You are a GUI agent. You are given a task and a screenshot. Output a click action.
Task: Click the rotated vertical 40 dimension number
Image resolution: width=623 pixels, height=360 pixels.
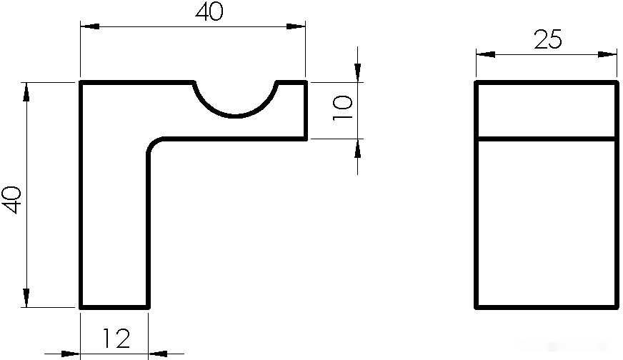(x=11, y=200)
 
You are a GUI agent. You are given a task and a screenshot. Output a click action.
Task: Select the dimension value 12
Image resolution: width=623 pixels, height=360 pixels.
(x=116, y=338)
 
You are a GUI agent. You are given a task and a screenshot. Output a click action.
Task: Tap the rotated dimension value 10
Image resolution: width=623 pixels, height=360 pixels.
(x=342, y=108)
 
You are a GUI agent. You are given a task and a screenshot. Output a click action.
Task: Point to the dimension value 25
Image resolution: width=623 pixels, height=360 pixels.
(x=548, y=39)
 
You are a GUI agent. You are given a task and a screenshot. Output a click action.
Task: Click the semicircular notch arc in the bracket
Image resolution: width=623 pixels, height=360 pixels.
(x=235, y=116)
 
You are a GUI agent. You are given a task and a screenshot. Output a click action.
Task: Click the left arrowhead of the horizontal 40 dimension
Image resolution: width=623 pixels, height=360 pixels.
(x=90, y=26)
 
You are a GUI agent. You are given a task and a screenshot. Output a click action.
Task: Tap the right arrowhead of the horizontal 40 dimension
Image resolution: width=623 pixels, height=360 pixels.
(x=296, y=26)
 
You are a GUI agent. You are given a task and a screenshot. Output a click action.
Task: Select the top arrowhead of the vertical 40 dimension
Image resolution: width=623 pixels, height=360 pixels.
(x=26, y=92)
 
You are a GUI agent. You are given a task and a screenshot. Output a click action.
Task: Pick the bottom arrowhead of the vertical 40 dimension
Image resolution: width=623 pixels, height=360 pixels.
(x=26, y=298)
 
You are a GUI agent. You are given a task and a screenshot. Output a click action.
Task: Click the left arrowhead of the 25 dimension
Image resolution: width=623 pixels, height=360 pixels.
(x=486, y=54)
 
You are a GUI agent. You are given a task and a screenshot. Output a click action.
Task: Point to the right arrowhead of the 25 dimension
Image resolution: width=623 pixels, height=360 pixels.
(x=607, y=54)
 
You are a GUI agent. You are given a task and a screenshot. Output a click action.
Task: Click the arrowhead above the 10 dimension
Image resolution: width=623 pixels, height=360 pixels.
(x=358, y=73)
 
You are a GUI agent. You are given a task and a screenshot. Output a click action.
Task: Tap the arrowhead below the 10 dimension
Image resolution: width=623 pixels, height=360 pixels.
(x=358, y=149)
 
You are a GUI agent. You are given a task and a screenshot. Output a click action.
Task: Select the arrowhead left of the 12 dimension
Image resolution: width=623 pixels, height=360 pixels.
(x=71, y=354)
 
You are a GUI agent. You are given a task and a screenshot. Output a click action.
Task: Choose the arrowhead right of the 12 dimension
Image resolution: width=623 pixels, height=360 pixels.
(x=158, y=354)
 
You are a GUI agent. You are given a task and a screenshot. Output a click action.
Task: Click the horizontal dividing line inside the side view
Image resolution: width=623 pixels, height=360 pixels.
(x=547, y=139)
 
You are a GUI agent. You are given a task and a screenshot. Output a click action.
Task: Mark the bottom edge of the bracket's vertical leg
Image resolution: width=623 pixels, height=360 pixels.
(x=114, y=306)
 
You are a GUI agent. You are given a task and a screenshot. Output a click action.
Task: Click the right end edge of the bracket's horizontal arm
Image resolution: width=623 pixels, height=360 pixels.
(x=306, y=111)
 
